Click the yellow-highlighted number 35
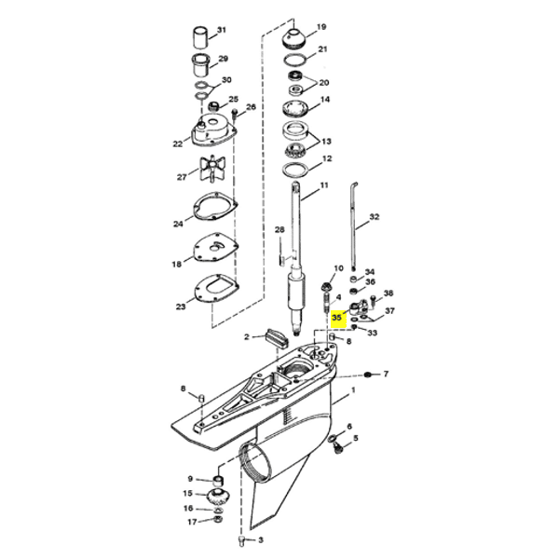pos(336,317)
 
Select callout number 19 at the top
pos(321,27)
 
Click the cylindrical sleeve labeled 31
pos(200,36)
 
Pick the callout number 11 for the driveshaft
pos(324,185)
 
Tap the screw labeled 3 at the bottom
pos(241,541)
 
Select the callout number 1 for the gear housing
pos(353,390)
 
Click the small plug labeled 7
pos(367,375)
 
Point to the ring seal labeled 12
pos(295,169)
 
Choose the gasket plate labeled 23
pos(216,288)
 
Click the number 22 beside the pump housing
pos(178,144)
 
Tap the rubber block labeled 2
pos(276,337)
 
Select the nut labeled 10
pos(326,286)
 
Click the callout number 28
pos(279,230)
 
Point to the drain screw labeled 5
pos(337,447)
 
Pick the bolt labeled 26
pos(235,114)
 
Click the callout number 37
pos(389,311)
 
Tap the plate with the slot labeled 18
pos(216,248)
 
